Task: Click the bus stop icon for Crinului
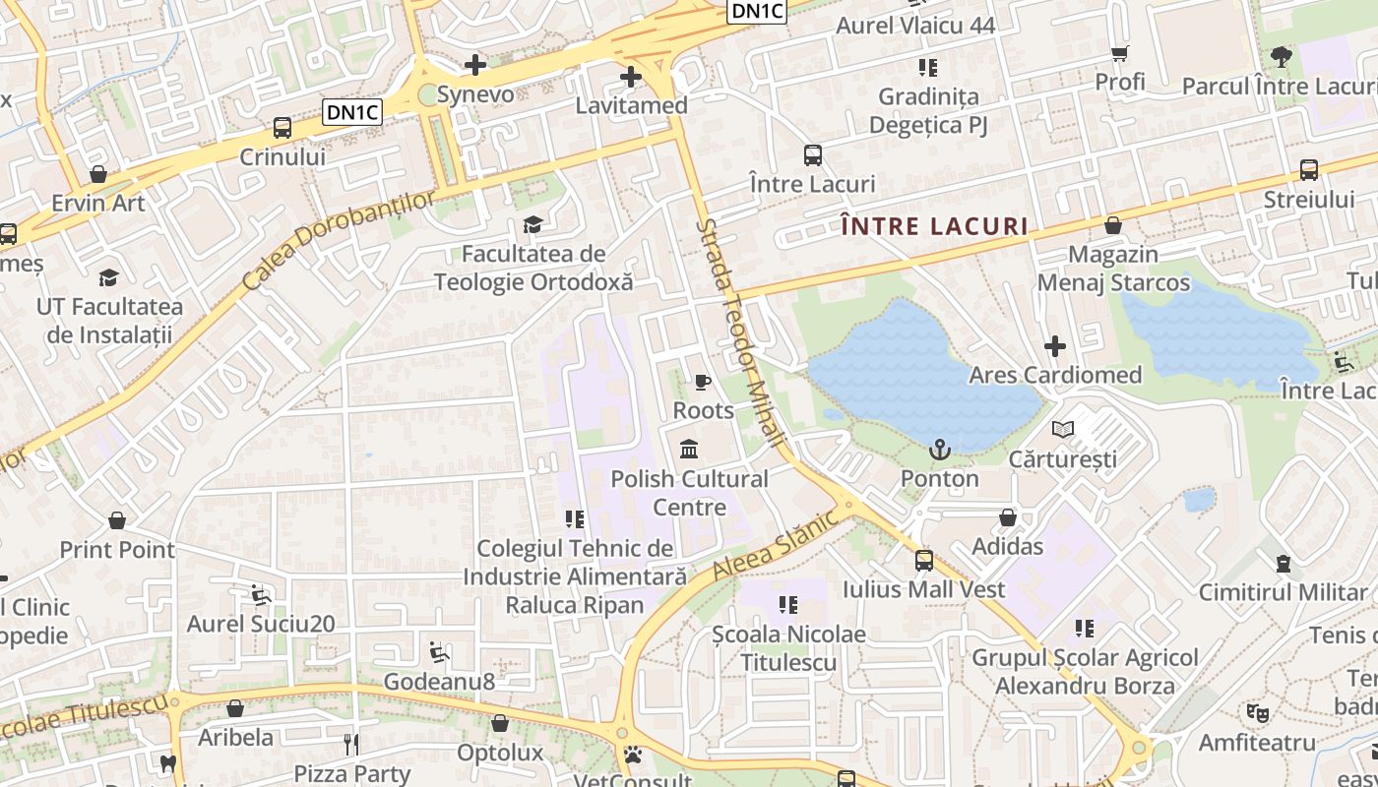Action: click(282, 127)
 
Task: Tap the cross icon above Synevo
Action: click(475, 65)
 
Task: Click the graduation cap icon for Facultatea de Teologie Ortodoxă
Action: click(532, 224)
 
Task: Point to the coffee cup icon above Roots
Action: click(702, 381)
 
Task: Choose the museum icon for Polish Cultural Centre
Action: click(689, 450)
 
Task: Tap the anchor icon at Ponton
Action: click(940, 450)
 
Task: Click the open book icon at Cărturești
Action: click(1062, 429)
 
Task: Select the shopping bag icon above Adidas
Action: click(1008, 517)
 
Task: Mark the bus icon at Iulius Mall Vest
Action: click(923, 560)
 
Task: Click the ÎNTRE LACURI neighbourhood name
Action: click(935, 227)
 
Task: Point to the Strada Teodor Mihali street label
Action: click(740, 334)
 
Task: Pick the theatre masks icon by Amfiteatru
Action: click(1256, 711)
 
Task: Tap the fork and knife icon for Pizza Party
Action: click(351, 744)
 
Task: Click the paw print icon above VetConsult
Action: click(633, 756)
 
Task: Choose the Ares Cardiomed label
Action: click(1055, 375)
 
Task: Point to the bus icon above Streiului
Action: click(1309, 169)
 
